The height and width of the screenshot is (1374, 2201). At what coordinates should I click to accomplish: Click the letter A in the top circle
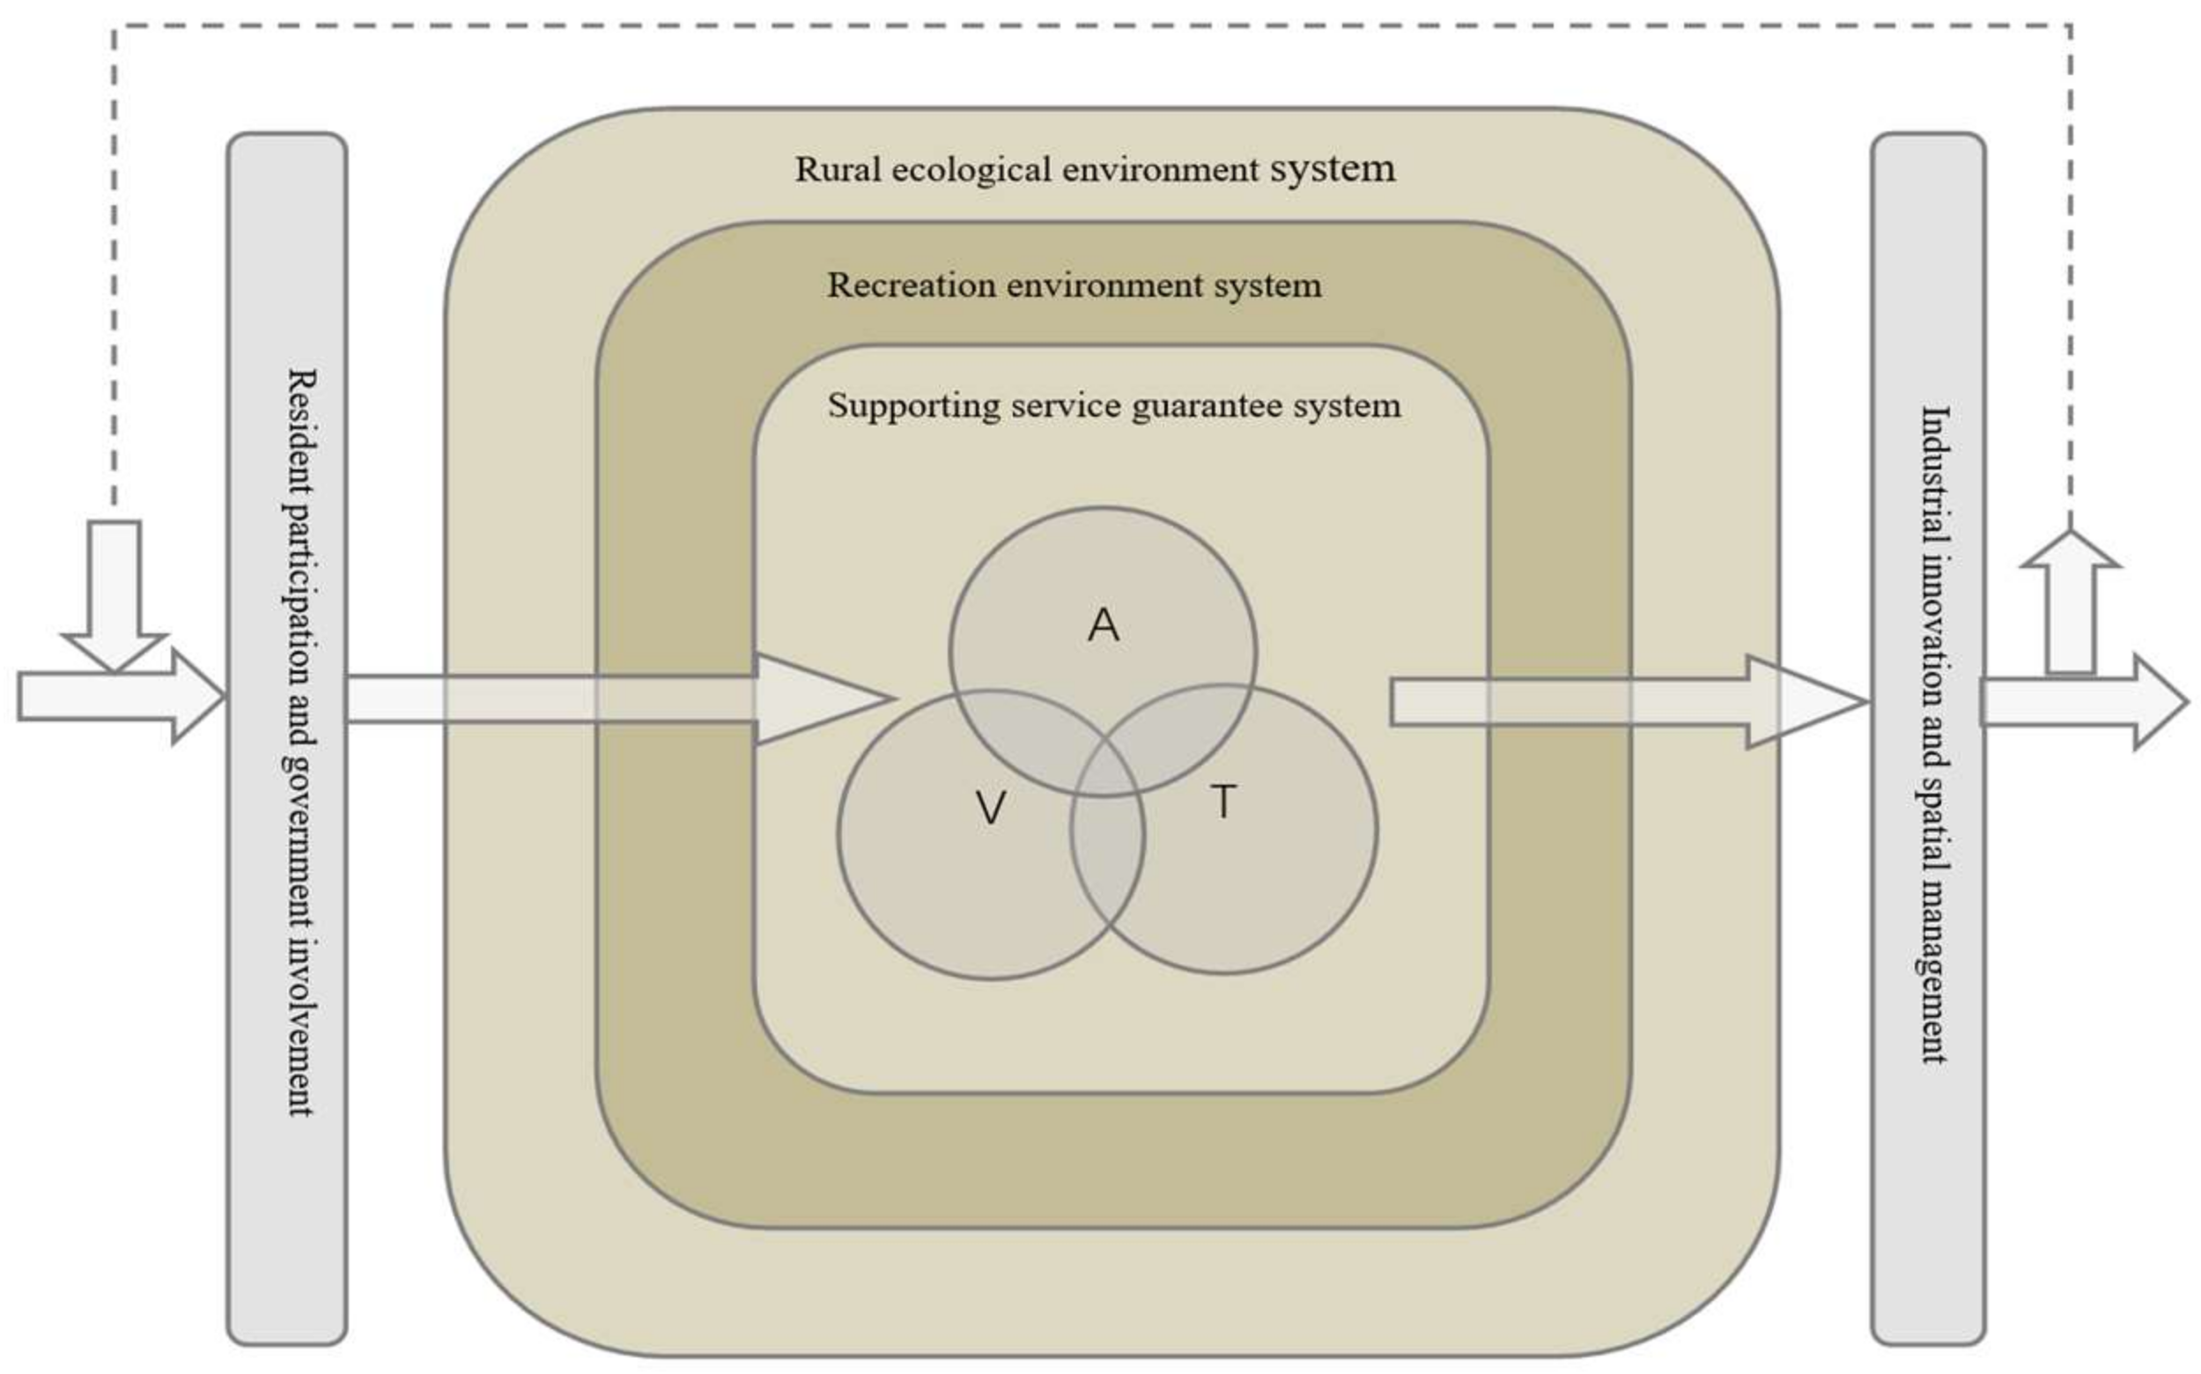point(1104,625)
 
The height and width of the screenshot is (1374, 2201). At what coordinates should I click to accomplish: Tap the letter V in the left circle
point(991,807)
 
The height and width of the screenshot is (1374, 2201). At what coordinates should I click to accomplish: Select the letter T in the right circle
point(1224,801)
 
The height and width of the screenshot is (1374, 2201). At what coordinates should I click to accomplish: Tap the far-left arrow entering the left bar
point(118,697)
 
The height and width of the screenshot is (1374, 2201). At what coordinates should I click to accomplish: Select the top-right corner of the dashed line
point(2071,26)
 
